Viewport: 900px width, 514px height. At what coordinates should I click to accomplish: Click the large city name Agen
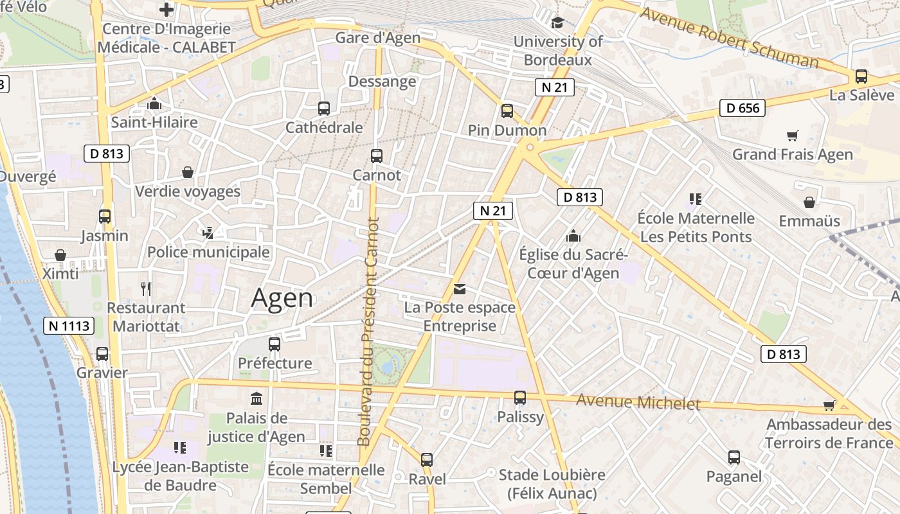(282, 298)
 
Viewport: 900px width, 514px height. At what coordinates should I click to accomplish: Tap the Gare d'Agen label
(378, 38)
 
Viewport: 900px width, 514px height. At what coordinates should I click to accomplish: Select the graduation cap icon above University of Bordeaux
(557, 22)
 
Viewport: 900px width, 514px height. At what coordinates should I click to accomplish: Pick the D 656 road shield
(742, 108)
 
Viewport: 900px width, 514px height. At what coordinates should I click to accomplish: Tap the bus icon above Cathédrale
(324, 109)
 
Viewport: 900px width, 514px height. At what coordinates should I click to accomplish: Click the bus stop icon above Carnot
(377, 156)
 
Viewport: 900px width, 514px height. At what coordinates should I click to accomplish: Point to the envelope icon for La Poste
(460, 289)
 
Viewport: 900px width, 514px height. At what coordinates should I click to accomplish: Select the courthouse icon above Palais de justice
(256, 398)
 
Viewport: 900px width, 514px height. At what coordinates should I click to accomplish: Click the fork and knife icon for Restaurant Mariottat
(146, 289)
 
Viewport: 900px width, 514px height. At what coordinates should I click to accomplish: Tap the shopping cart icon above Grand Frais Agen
(793, 136)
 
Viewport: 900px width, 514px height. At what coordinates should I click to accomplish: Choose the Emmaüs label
(809, 221)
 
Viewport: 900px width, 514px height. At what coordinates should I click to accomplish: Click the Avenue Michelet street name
(638, 402)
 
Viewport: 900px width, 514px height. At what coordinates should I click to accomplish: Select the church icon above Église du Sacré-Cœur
(573, 236)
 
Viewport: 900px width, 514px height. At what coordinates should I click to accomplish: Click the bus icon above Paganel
(734, 457)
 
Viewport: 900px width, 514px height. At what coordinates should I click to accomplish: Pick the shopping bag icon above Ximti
(60, 255)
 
